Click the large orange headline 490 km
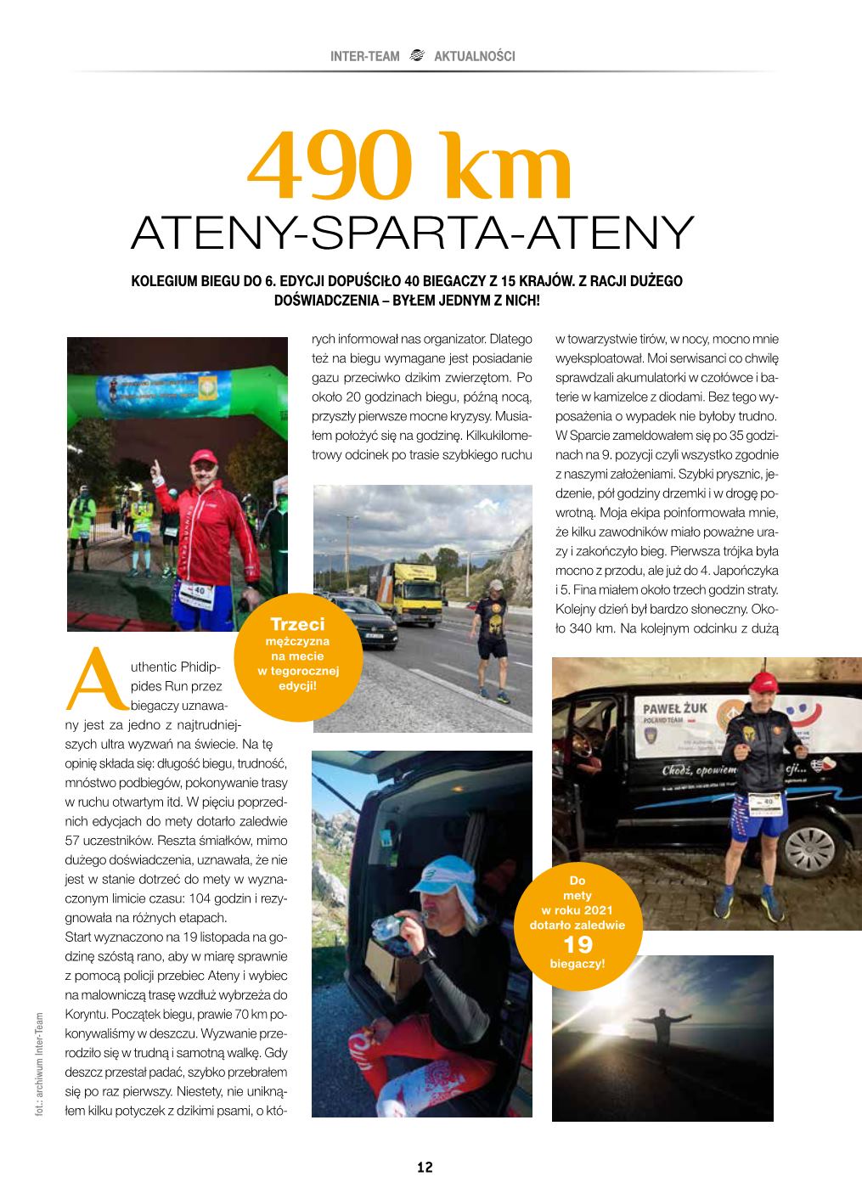410,168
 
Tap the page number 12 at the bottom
425,1167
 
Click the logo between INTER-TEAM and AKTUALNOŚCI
416,56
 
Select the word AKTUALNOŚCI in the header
474,56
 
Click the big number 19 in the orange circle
577,944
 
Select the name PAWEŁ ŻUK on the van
673,706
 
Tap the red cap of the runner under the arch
203,458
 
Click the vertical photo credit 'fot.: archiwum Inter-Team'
39,1061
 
